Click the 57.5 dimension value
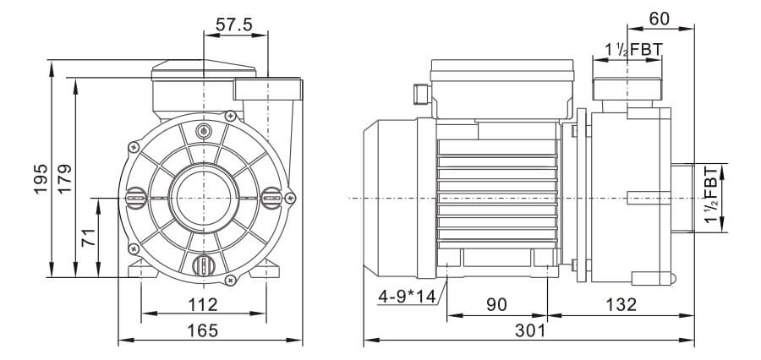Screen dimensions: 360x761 234,25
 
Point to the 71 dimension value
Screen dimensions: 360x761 88,239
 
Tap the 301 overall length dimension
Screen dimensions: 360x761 529,330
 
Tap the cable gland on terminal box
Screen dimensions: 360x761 418,90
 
